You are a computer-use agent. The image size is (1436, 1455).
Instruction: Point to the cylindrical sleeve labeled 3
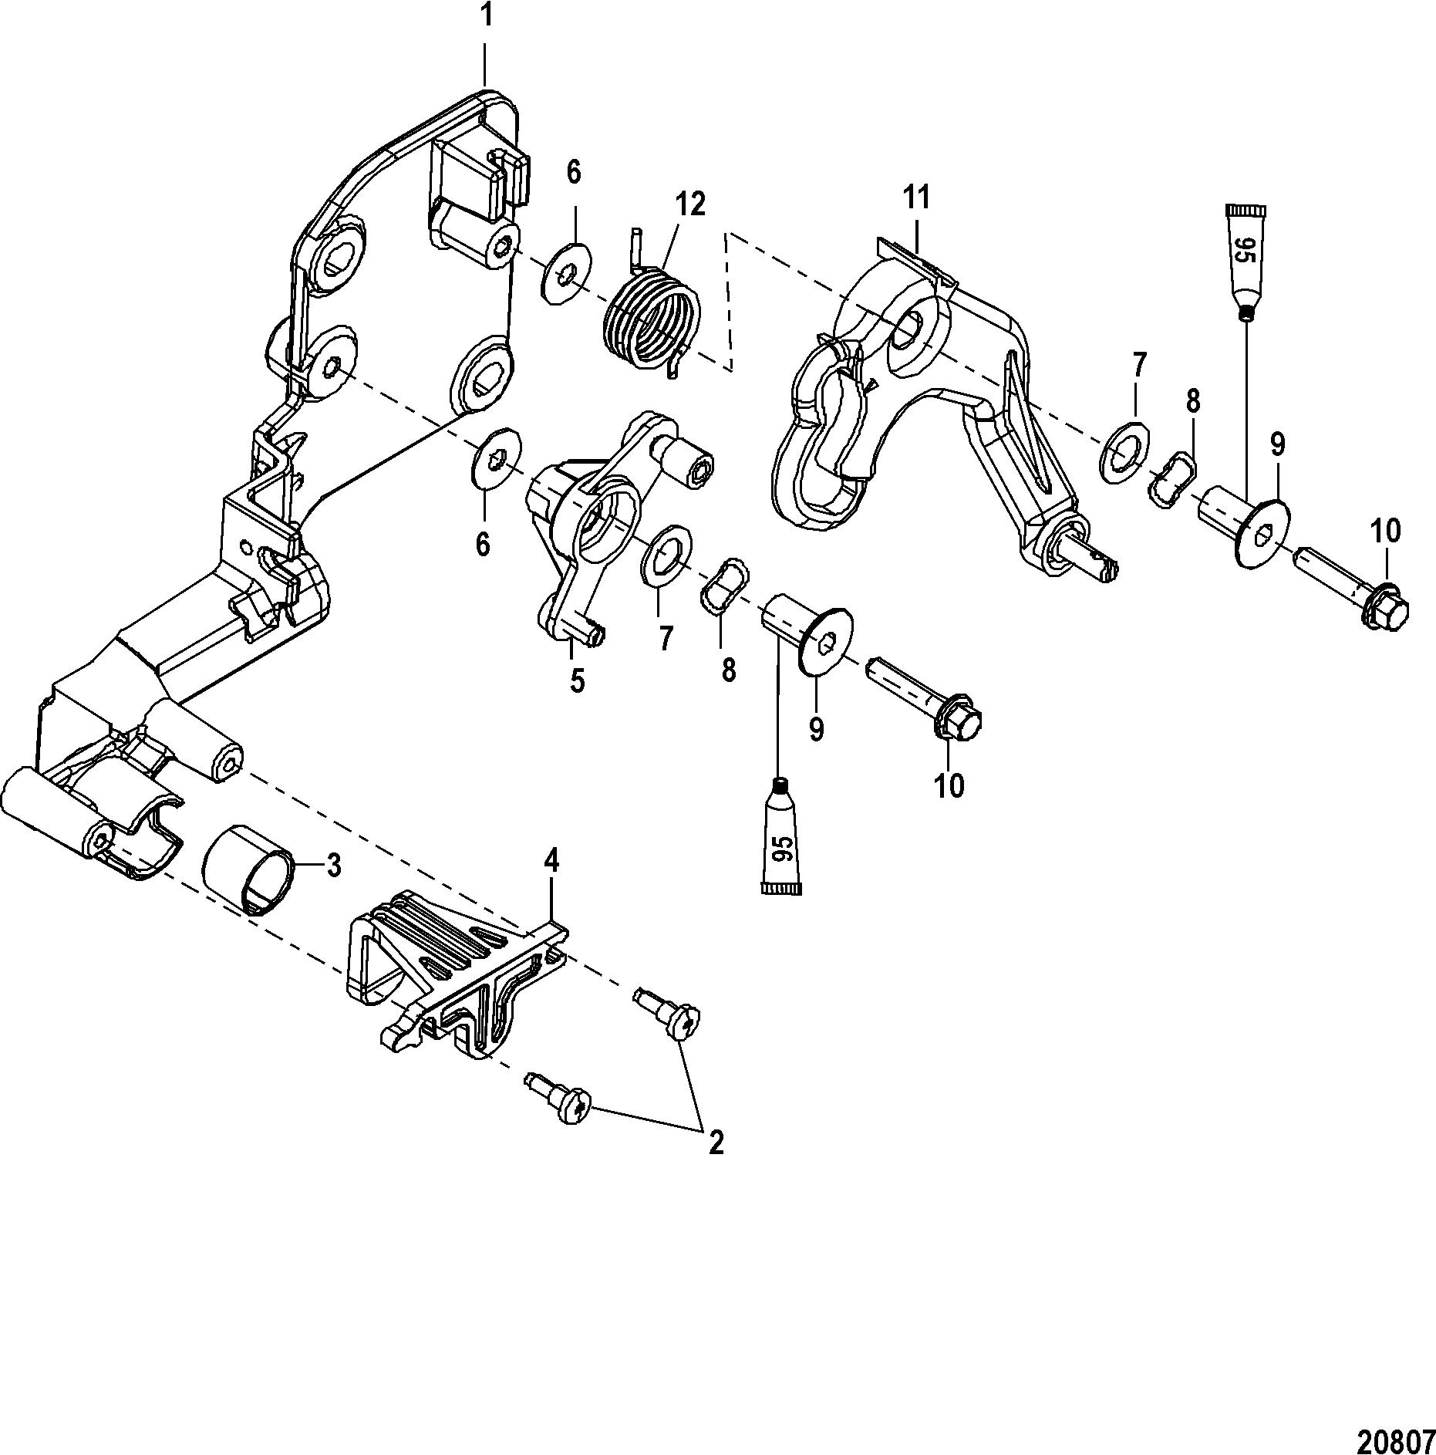(x=249, y=869)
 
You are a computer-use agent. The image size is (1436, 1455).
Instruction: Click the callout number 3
(x=333, y=866)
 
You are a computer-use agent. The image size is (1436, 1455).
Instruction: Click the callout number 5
(x=577, y=680)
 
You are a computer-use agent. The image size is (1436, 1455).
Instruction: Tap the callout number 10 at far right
(x=1385, y=531)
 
